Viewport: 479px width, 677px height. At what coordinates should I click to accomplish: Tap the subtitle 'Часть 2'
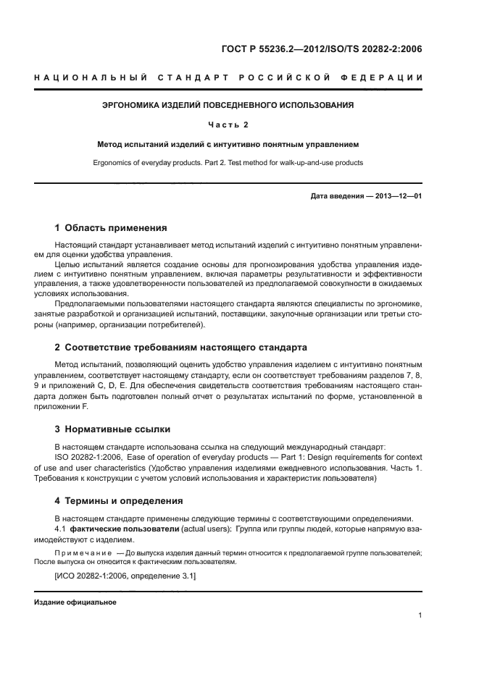[x=228, y=125]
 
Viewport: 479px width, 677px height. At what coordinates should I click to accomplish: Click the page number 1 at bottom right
[x=420, y=615]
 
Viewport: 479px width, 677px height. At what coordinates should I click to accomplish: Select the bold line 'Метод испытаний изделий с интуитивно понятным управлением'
[x=228, y=144]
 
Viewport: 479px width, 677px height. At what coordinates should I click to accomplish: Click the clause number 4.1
[x=61, y=529]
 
